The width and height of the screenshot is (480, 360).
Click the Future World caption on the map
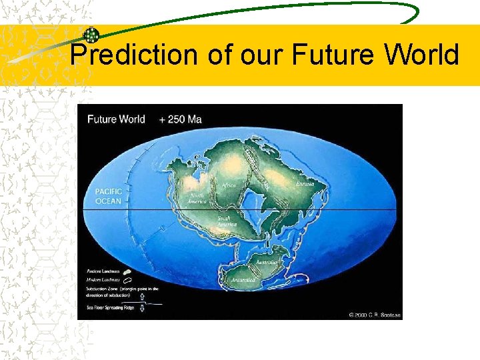pos(116,120)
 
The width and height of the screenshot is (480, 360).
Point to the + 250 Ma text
pos(180,120)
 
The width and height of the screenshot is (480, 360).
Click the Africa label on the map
pos(229,185)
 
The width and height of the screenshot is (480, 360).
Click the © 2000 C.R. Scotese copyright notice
pos(373,314)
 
